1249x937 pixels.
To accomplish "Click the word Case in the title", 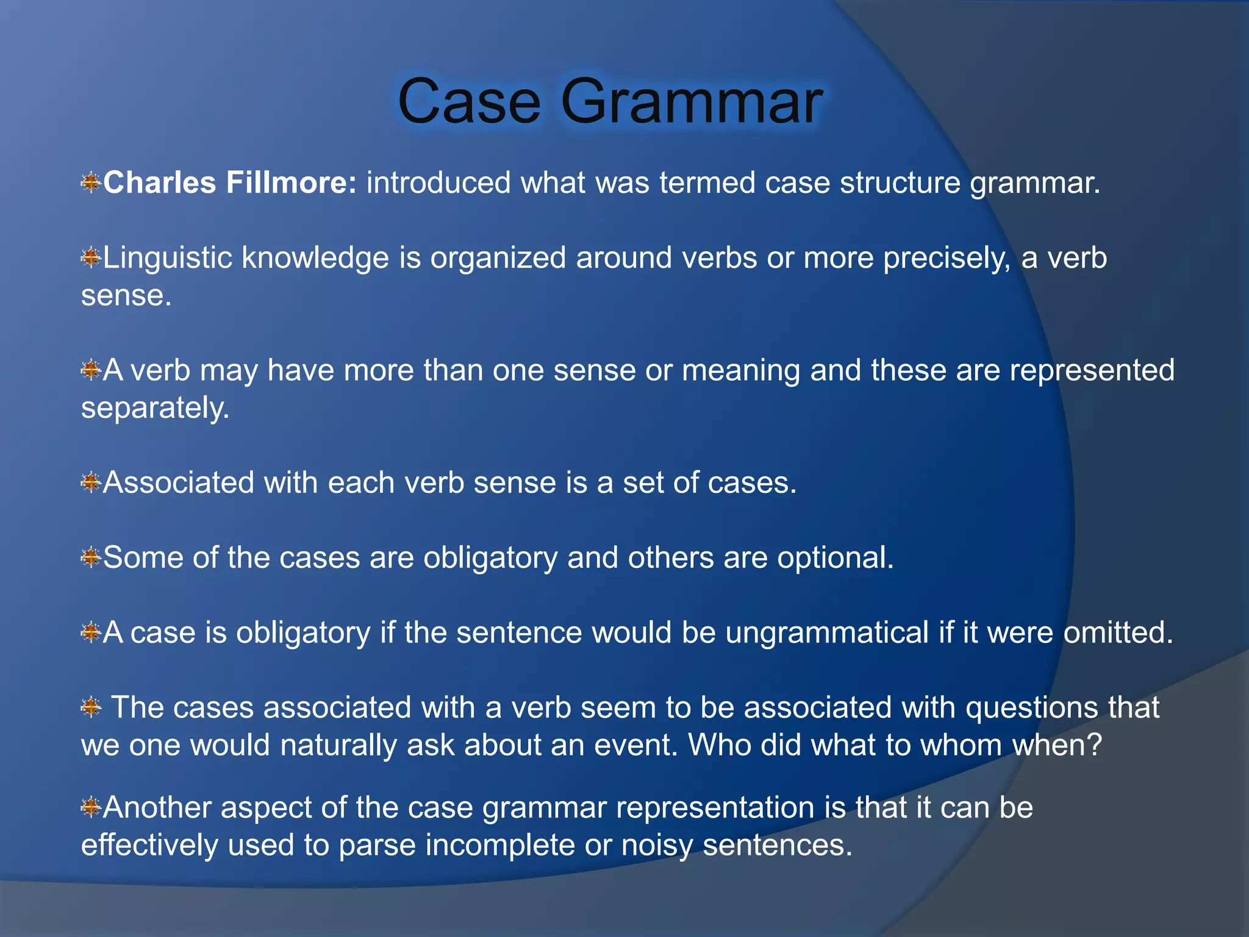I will pyautogui.click(x=469, y=101).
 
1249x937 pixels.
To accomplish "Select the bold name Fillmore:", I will pyautogui.click(x=291, y=182).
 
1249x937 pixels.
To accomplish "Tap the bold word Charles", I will pyautogui.click(x=159, y=182).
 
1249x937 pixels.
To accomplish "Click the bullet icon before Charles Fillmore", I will pyautogui.click(x=90, y=182).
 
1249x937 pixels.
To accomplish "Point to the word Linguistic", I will pyautogui.click(x=168, y=258).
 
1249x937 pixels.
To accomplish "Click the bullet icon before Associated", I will pyautogui.click(x=90, y=483).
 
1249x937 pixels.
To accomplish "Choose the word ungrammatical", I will pyautogui.click(x=826, y=633).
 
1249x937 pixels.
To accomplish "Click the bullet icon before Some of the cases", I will pyautogui.click(x=90, y=558).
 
